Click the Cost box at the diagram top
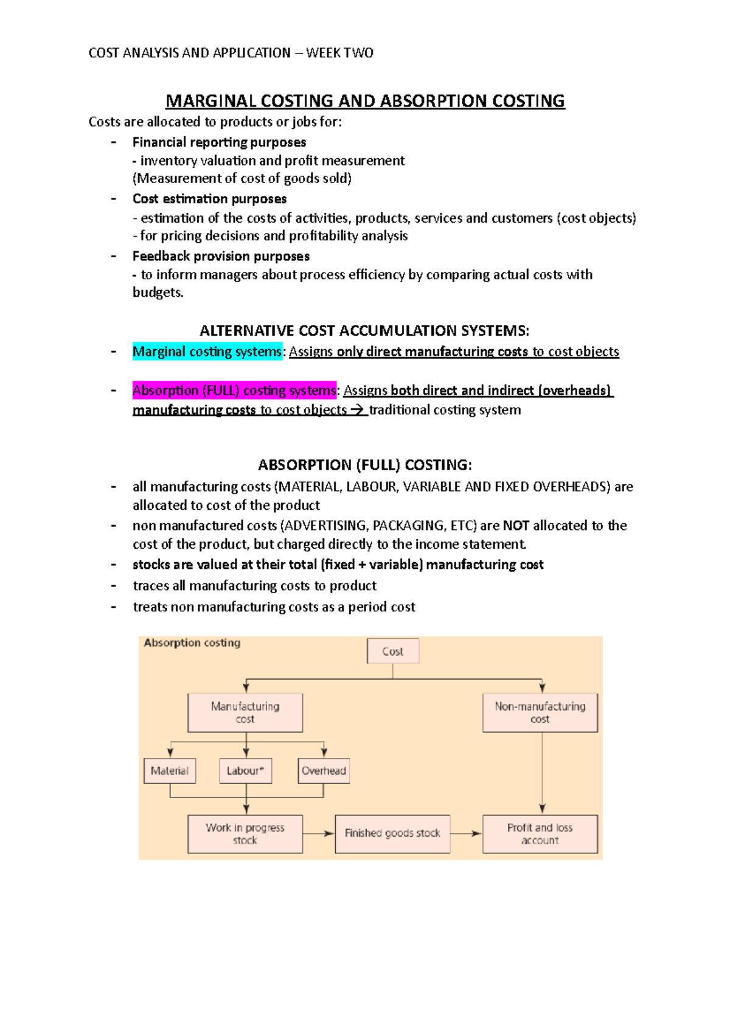coord(392,651)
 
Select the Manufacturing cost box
coord(245,712)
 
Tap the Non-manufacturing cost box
coord(540,712)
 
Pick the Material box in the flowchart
coord(170,771)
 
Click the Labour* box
coord(245,771)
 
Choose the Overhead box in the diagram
coord(324,771)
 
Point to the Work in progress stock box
coord(245,834)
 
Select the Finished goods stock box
coord(392,833)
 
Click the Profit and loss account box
coord(540,834)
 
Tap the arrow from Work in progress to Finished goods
coord(319,833)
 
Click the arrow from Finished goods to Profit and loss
coord(467,833)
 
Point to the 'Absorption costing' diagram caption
coord(192,642)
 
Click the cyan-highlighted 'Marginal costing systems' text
coord(207,352)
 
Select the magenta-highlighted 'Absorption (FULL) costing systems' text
coord(234,391)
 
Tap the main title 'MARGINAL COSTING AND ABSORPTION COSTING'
coord(365,101)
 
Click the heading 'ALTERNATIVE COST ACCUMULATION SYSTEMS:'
coord(364,331)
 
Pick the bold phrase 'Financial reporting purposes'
coord(219,142)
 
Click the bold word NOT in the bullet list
coord(516,526)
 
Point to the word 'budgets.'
coord(158,293)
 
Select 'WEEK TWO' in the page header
coord(339,53)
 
